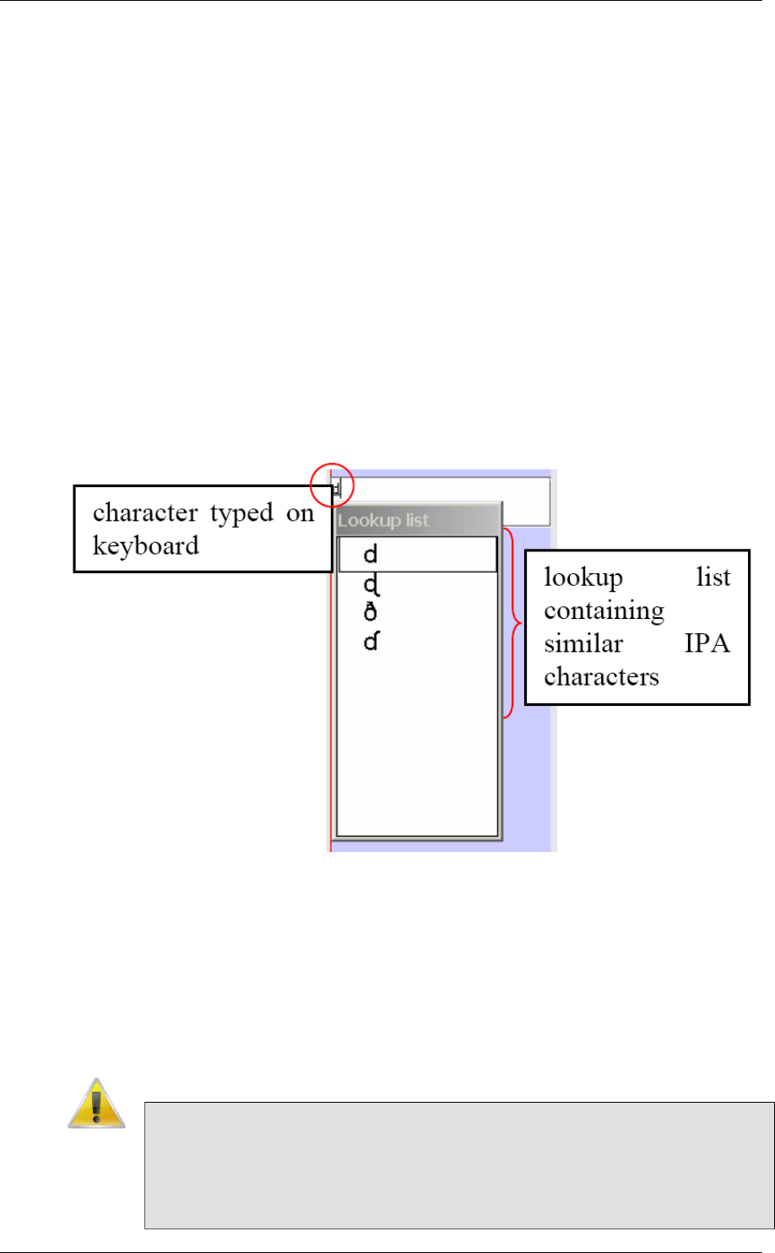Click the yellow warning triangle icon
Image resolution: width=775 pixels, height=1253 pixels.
tap(96, 1104)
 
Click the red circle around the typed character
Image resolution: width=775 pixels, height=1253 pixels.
tap(332, 485)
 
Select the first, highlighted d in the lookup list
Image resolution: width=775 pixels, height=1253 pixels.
tap(370, 555)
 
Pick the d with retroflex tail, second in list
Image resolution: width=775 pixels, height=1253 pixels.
tap(371, 585)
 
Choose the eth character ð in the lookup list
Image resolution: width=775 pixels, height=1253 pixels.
tap(370, 612)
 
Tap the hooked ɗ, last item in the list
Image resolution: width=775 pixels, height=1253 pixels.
tap(371, 643)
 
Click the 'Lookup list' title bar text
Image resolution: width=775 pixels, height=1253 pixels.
tap(382, 520)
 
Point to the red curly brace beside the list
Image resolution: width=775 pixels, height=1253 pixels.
tap(512, 622)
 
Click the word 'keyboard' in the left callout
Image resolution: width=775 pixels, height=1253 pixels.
tap(145, 545)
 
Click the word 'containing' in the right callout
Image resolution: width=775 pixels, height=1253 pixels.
tap(604, 610)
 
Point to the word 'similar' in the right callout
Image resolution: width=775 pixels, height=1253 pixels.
tap(583, 643)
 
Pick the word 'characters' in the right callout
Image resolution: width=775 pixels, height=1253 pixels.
tap(601, 676)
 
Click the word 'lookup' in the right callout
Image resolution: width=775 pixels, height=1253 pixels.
tap(583, 578)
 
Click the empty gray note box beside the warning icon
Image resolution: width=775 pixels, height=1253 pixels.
tap(458, 1164)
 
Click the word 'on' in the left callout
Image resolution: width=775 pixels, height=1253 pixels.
tap(300, 513)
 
